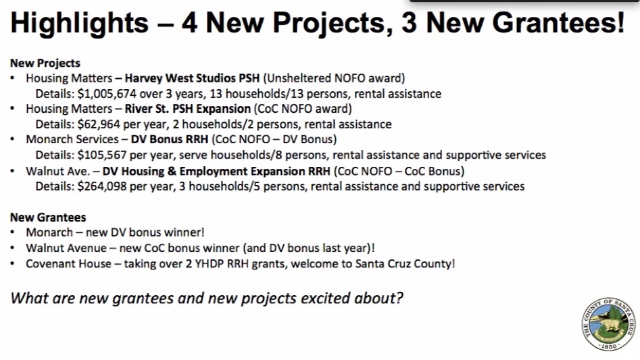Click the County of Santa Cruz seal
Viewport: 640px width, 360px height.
tap(608, 324)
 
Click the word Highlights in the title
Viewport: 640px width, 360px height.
tap(80, 23)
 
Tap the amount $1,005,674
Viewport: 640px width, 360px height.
tap(107, 94)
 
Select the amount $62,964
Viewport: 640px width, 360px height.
tap(99, 124)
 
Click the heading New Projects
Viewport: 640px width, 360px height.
tap(45, 63)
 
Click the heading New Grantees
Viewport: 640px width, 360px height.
tap(48, 217)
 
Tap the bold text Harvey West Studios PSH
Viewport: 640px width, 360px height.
tap(192, 78)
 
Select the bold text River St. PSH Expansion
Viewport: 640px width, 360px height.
tap(187, 109)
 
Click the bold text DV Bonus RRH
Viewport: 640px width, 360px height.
tap(170, 139)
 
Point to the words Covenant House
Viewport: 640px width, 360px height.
tap(68, 264)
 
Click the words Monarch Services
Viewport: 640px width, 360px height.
tap(72, 139)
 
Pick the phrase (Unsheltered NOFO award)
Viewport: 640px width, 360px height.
tap(334, 78)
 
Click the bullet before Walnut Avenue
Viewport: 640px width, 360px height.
tap(13, 249)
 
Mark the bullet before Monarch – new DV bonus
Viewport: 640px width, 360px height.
tap(13, 233)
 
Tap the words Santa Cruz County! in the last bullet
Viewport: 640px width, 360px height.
tap(405, 264)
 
